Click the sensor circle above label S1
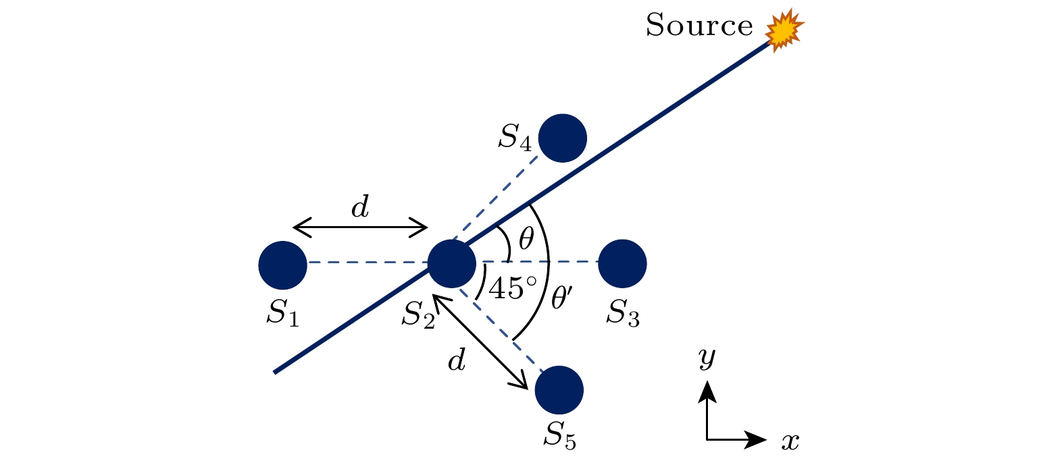click(x=282, y=265)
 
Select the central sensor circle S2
click(x=452, y=263)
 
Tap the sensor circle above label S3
click(x=622, y=263)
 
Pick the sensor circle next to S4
click(x=562, y=138)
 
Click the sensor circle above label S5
click(x=559, y=390)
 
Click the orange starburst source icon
click(x=784, y=30)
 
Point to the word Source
click(x=699, y=25)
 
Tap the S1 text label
click(x=283, y=313)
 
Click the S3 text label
click(x=623, y=313)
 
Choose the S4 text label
click(x=515, y=138)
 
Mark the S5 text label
click(x=560, y=435)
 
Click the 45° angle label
click(x=513, y=288)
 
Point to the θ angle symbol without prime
click(x=526, y=238)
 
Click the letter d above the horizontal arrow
click(x=360, y=207)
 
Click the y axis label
click(x=707, y=358)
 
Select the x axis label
click(x=790, y=442)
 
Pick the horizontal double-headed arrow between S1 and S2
click(x=361, y=227)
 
